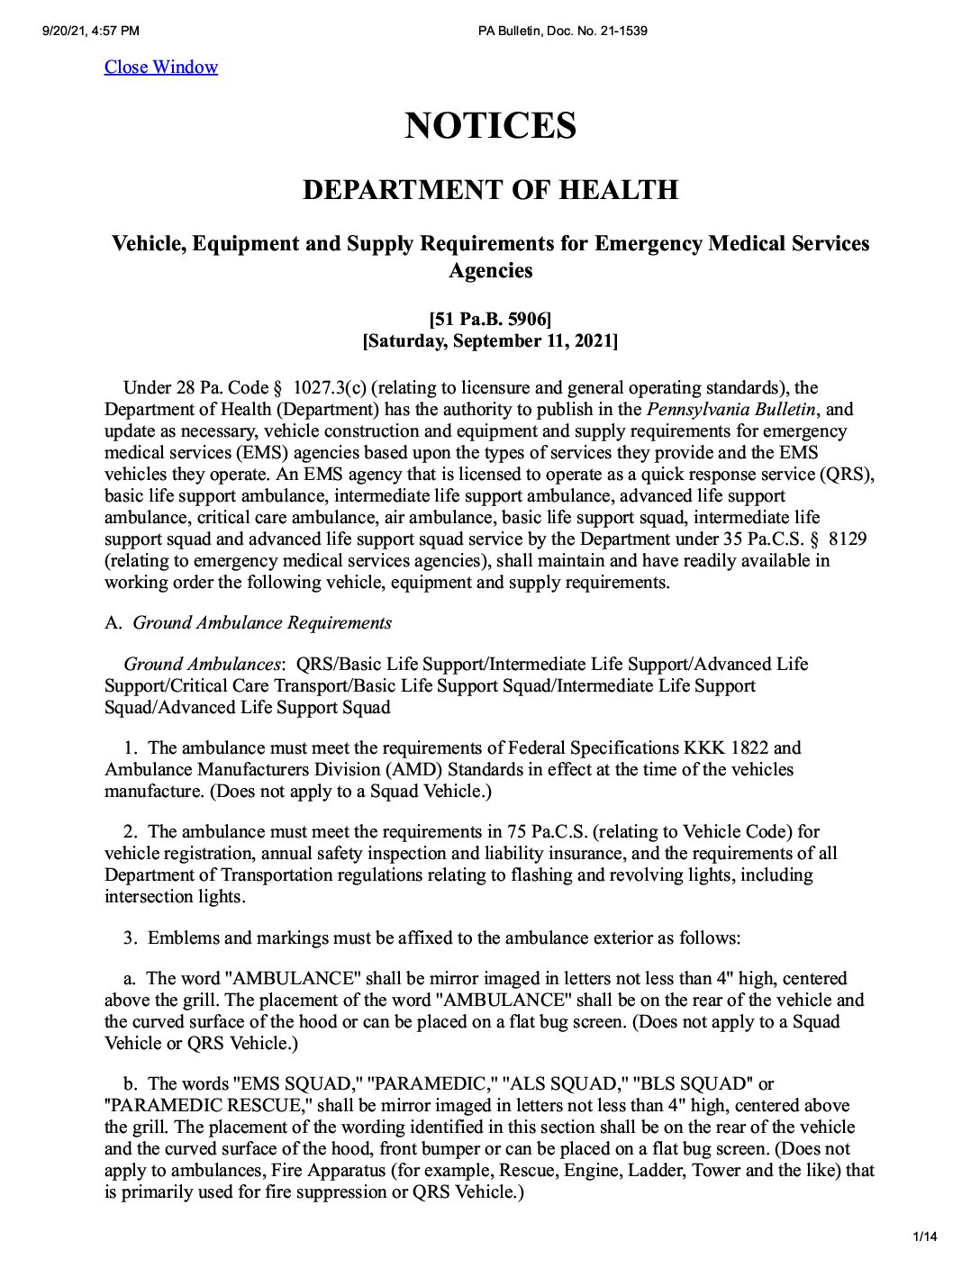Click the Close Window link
[161, 68]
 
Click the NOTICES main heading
[490, 125]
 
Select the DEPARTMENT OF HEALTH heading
[490, 190]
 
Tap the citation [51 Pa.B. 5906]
[490, 319]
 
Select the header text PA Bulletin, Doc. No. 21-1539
[563, 32]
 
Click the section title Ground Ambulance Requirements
[262, 622]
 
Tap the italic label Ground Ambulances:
[204, 665]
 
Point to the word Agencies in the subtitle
[490, 271]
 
